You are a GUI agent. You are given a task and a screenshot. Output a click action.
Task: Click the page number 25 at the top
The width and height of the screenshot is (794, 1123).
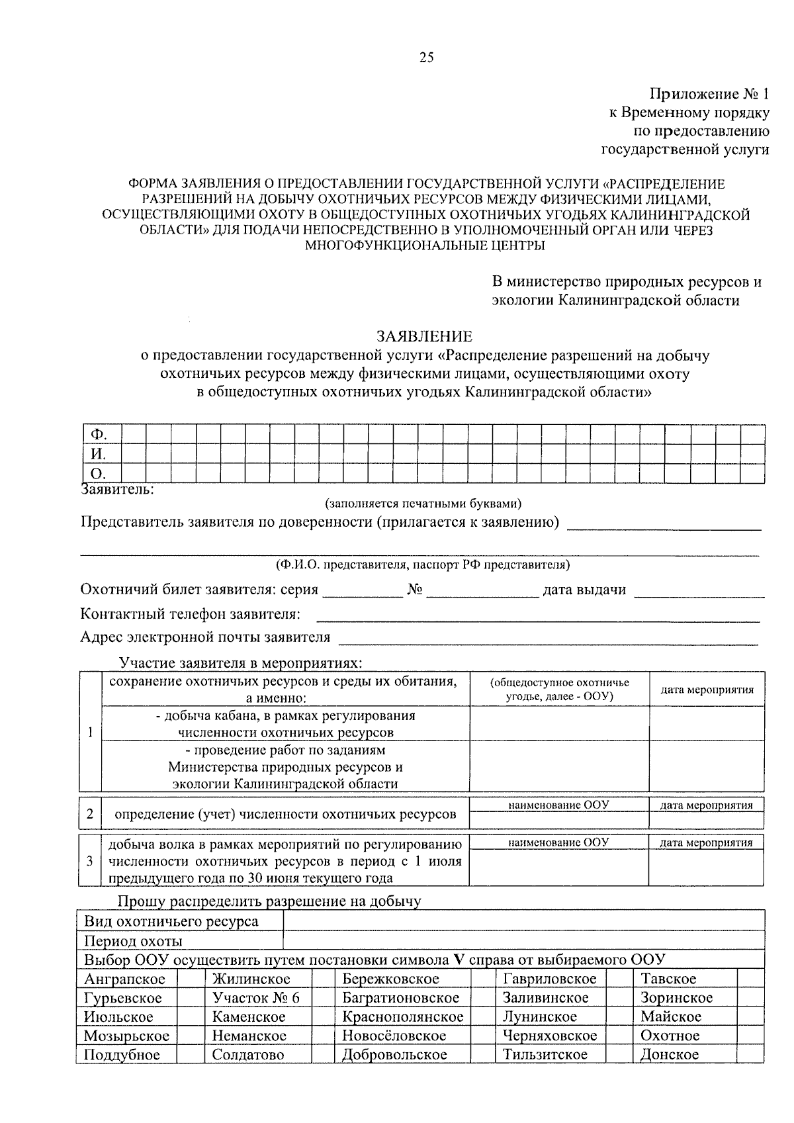(426, 58)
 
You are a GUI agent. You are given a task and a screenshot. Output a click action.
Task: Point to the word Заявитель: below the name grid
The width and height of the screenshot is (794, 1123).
(117, 490)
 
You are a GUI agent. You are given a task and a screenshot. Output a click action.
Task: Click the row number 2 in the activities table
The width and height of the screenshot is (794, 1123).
(90, 814)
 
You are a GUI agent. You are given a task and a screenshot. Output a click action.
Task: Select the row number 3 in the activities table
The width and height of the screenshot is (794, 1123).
(90, 861)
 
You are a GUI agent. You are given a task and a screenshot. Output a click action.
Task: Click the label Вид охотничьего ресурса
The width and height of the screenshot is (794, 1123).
(171, 922)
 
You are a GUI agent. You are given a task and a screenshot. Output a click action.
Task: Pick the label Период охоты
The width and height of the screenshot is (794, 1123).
(133, 941)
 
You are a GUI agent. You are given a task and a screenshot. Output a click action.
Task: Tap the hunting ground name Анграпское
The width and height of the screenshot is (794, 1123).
(125, 979)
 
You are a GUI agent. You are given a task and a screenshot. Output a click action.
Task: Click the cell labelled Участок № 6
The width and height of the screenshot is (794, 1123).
(255, 998)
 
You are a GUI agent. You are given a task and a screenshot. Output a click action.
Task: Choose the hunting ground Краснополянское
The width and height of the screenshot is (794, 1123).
(403, 1016)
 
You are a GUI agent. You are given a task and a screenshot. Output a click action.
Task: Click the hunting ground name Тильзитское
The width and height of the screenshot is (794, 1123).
(545, 1054)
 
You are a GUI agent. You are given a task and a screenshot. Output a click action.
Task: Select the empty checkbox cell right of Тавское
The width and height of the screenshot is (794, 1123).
(750, 979)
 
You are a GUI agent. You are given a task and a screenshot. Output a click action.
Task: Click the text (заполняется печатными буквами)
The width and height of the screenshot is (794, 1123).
(423, 504)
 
